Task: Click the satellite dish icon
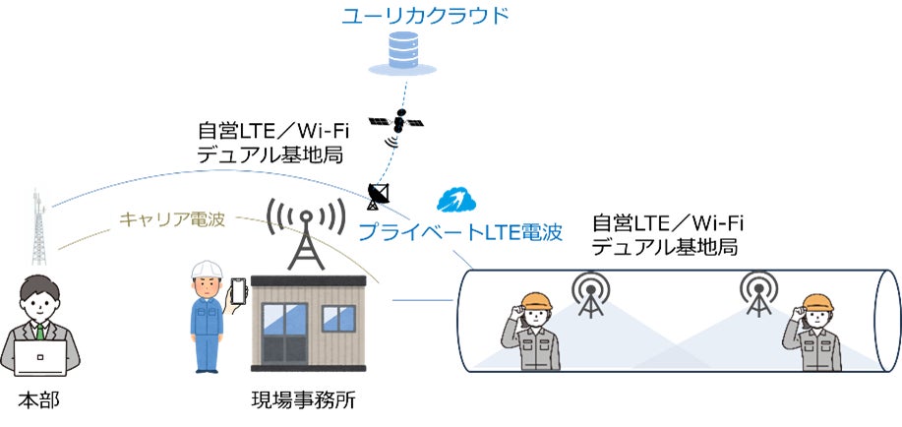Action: pos(378,195)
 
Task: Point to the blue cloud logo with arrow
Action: pos(457,201)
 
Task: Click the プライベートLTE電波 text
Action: pos(459,233)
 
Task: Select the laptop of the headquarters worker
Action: pos(37,356)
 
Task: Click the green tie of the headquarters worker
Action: pos(40,333)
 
